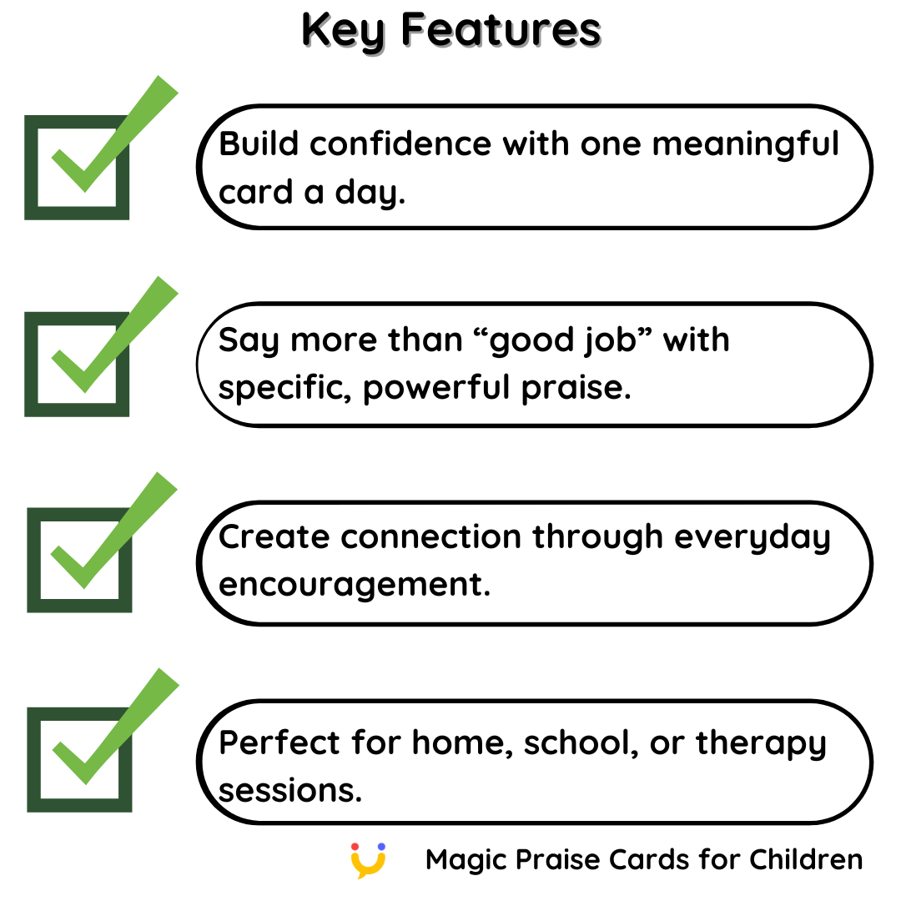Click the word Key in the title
click(x=344, y=31)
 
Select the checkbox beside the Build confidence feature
click(x=77, y=167)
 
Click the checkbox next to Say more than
click(x=77, y=365)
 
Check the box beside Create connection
click(x=79, y=561)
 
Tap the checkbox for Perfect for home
click(x=79, y=760)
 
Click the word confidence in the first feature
click(x=400, y=143)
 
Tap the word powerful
click(x=436, y=389)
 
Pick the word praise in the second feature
click(x=576, y=389)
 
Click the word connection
click(x=431, y=537)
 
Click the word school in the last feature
click(x=581, y=744)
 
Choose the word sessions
click(x=290, y=791)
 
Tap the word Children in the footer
click(x=806, y=859)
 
